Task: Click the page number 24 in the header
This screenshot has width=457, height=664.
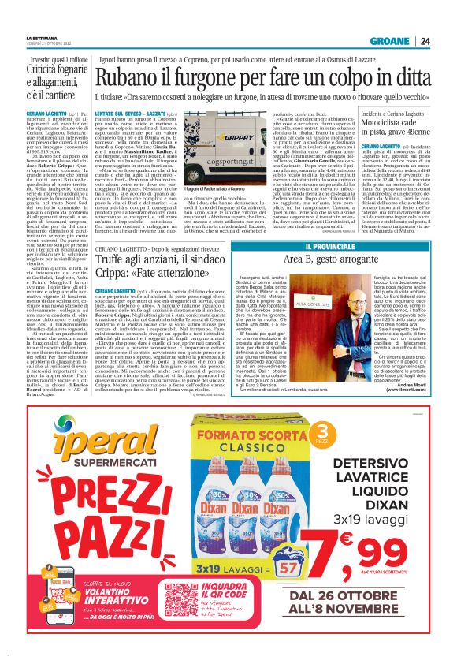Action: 446,42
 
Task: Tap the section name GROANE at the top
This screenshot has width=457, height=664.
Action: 411,42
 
